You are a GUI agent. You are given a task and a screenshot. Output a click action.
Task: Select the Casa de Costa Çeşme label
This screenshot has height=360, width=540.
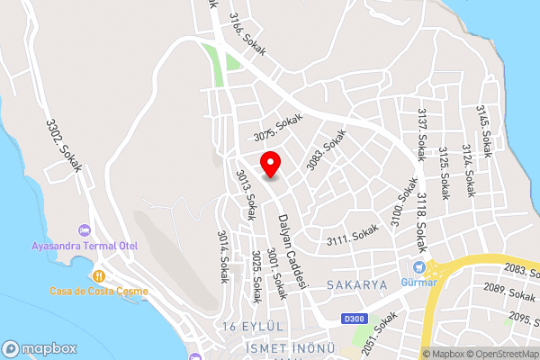pyautogui.click(x=99, y=291)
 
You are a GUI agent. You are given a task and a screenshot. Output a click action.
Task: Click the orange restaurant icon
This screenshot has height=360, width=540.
pyautogui.click(x=99, y=276)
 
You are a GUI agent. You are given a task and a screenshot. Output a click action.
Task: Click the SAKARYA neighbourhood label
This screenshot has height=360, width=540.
pyautogui.click(x=356, y=284)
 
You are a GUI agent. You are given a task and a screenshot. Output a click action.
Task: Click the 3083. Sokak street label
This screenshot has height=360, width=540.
pyautogui.click(x=326, y=155)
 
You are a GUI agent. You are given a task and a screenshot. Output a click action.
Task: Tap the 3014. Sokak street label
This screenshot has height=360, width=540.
pyautogui.click(x=222, y=256)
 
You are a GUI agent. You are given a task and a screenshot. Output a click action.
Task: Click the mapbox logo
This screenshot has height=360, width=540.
pyautogui.click(x=37, y=347)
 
